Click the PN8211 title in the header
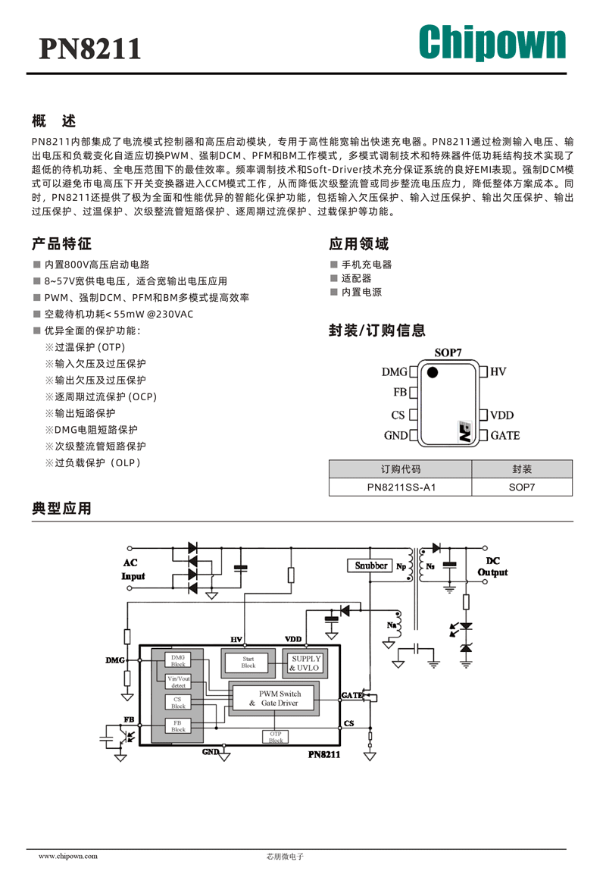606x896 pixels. pos(89,49)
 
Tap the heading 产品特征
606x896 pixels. pos(61,244)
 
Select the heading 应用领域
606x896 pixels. pos(359,244)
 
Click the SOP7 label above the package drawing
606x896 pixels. pos(448,352)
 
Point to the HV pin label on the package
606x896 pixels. pos(498,372)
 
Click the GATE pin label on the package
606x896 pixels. pos(505,435)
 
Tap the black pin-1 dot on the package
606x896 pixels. pos(433,372)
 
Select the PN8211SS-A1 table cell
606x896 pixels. pos(401,487)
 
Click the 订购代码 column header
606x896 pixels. pos(401,469)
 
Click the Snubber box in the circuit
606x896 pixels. pos(370,565)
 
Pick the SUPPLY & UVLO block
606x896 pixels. pos(305,663)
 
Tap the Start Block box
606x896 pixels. pos(248,663)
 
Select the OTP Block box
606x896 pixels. pos(275,737)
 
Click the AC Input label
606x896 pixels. pos(133,570)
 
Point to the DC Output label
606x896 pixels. pos(492,566)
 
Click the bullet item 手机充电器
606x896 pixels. pos(367,265)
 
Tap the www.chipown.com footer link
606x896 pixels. pos(68,856)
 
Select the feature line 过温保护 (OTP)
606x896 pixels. pos(89,347)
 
